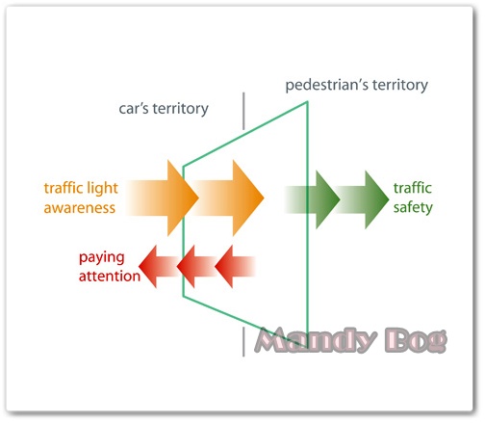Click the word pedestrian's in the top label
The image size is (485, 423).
point(326,86)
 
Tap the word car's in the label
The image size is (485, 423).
point(134,109)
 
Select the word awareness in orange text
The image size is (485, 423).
point(80,208)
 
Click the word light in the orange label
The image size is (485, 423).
point(102,189)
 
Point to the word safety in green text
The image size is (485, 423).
point(413,208)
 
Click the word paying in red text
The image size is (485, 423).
point(101,258)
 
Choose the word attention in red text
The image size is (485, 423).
point(110,277)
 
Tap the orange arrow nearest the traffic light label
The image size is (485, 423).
point(163,198)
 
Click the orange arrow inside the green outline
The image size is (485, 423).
point(228,198)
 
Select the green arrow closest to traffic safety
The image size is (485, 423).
point(363,199)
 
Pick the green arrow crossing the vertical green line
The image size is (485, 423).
point(312,199)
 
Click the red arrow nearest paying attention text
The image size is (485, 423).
point(158,267)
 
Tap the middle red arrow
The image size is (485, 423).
point(196,267)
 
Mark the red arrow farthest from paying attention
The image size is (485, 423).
point(235,267)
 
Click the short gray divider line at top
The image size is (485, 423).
point(243,111)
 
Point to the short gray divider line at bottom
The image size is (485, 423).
point(243,342)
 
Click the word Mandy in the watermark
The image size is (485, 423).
point(316,340)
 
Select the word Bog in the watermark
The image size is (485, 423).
point(416,340)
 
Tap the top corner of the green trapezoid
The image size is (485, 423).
point(307,102)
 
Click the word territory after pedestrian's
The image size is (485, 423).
point(400,86)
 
